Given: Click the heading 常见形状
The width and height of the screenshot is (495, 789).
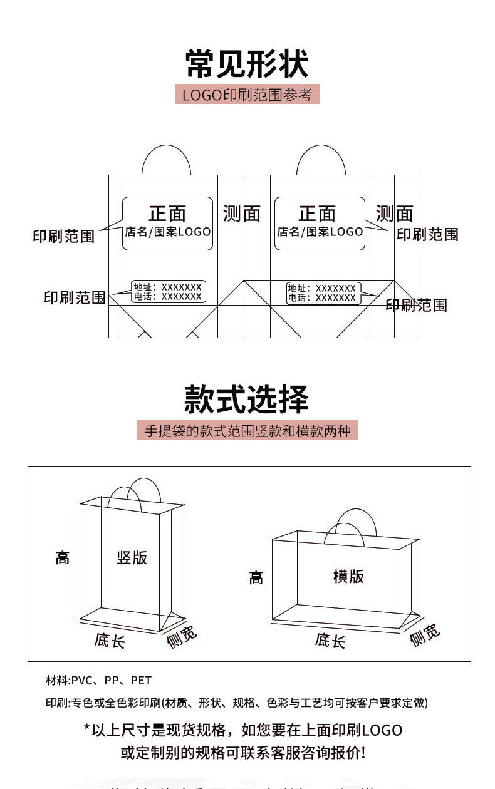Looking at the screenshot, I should pyautogui.click(x=247, y=64).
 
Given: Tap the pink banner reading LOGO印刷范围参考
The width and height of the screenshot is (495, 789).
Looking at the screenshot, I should pyautogui.click(x=247, y=95).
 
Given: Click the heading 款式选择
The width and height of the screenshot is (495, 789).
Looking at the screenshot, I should pyautogui.click(x=247, y=398).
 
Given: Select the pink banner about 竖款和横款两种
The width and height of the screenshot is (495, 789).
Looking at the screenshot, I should pyautogui.click(x=247, y=431).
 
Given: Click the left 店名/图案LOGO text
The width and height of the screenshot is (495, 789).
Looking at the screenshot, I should pyautogui.click(x=167, y=232).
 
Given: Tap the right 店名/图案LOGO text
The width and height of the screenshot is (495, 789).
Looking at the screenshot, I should pyautogui.click(x=320, y=232).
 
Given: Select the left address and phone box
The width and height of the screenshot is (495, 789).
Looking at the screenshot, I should pyautogui.click(x=169, y=292).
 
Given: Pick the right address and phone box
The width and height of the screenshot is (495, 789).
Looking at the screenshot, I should pyautogui.click(x=322, y=293).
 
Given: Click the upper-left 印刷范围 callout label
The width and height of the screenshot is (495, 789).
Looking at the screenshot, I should pyautogui.click(x=63, y=236).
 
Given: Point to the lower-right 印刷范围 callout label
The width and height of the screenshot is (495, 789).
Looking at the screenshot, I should pyautogui.click(x=416, y=305).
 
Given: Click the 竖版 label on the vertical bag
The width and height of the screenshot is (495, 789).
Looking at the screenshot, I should pyautogui.click(x=132, y=557).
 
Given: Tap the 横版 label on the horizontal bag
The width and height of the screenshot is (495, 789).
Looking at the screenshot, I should pyautogui.click(x=348, y=576).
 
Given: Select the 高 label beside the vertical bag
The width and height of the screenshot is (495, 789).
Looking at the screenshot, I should pyautogui.click(x=62, y=557).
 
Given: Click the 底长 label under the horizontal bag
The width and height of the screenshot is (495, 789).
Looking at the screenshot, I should pyautogui.click(x=330, y=640).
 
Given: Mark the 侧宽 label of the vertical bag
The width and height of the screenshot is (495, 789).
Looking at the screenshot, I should pyautogui.click(x=182, y=636).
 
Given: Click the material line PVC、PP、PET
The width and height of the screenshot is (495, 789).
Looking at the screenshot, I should pyautogui.click(x=98, y=680).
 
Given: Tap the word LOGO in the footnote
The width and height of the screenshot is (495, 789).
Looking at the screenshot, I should pyautogui.click(x=382, y=730).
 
